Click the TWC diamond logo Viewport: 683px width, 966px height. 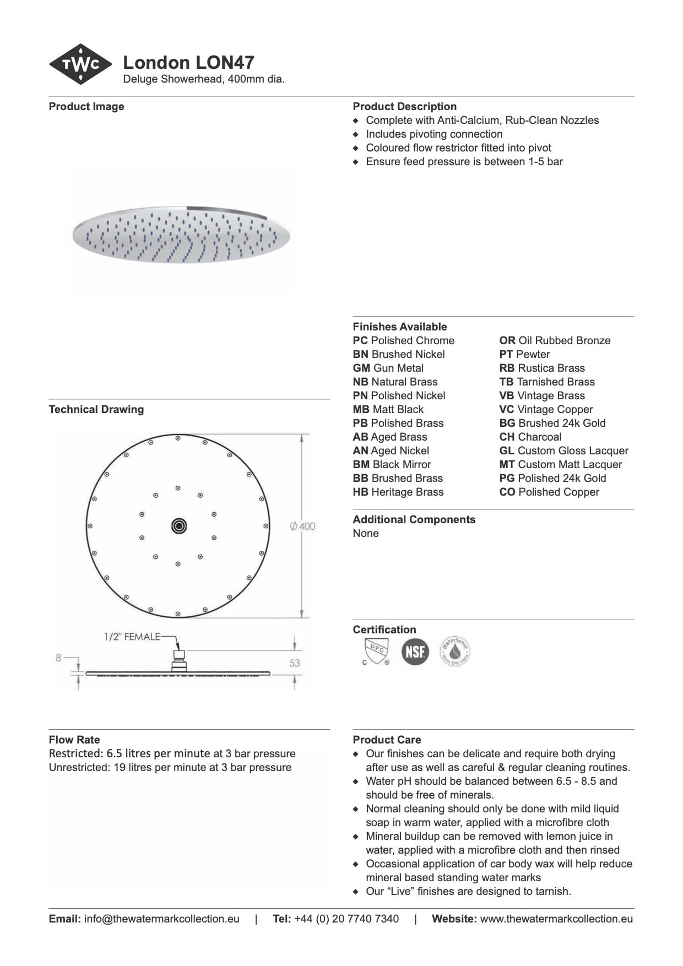pyautogui.click(x=80, y=64)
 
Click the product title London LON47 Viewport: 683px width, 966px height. pyautogui.click(x=188, y=62)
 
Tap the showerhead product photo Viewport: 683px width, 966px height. pyautogui.click(x=181, y=235)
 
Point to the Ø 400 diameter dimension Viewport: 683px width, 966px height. pyautogui.click(x=303, y=526)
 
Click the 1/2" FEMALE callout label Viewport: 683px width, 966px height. pyautogui.click(x=132, y=637)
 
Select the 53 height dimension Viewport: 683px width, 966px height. pyautogui.click(x=295, y=663)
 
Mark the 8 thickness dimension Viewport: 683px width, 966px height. pyautogui.click(x=58, y=658)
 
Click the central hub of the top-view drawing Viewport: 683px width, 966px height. pyautogui.click(x=178, y=526)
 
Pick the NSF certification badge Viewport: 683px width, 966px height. pyautogui.click(x=415, y=652)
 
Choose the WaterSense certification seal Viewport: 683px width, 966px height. pyautogui.click(x=455, y=652)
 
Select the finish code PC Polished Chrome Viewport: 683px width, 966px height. pyautogui.click(x=404, y=340)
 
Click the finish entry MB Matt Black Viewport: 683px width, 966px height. pyautogui.click(x=388, y=409)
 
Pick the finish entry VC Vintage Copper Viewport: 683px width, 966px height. pyautogui.click(x=546, y=409)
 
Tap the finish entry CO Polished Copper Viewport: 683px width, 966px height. pyautogui.click(x=549, y=492)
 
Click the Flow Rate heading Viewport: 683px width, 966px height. pyautogui.click(x=74, y=740)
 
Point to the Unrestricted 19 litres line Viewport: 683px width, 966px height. pyautogui.click(x=170, y=767)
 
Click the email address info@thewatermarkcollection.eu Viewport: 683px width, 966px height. pyautogui.click(x=161, y=919)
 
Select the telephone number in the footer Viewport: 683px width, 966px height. pyautogui.click(x=346, y=919)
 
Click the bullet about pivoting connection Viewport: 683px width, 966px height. pyautogui.click(x=434, y=134)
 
